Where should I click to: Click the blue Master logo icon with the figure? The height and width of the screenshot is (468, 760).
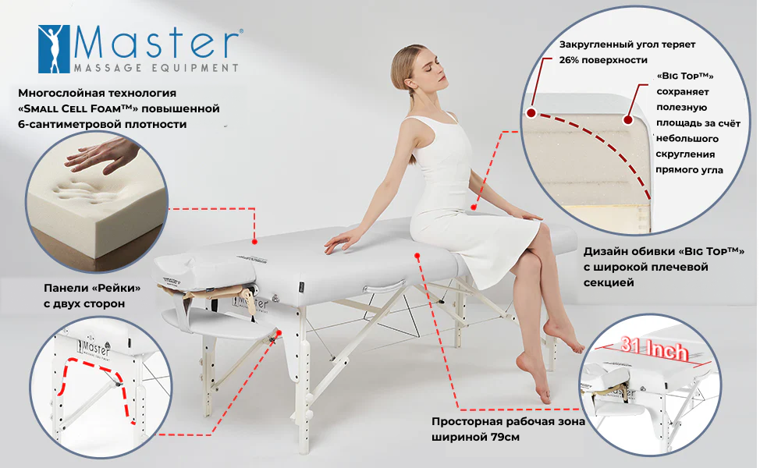click(55, 49)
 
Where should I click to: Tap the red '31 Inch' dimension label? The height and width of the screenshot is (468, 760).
click(655, 349)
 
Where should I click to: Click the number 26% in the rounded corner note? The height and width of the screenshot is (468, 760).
click(569, 60)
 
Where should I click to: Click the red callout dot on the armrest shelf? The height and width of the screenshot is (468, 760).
click(279, 331)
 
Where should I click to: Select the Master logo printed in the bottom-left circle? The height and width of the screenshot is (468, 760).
click(93, 349)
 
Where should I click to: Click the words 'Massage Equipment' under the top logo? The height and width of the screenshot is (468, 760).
click(156, 68)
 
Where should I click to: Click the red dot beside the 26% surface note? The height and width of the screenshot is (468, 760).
click(531, 113)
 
